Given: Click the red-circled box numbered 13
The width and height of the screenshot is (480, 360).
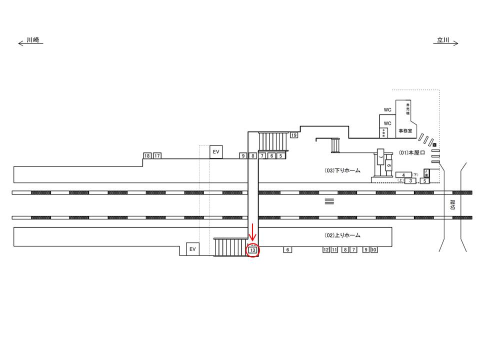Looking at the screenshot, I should coord(252,249).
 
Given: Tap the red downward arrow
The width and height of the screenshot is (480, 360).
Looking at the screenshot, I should coord(253,232).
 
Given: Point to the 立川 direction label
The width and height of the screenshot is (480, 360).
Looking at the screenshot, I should coord(443,42).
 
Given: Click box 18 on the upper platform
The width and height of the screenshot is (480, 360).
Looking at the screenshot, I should coord(147,156).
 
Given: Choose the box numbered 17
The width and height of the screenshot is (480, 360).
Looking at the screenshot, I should coord(157,156).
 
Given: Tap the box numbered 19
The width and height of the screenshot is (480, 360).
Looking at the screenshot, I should coord(294,135).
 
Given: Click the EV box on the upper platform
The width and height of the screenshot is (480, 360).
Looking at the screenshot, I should coord(216,151).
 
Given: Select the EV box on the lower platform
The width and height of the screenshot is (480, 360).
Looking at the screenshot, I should coord(192,249).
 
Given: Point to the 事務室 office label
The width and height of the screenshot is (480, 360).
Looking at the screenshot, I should coord(405,131).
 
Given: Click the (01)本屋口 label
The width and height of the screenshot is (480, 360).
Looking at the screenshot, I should coord(412,152).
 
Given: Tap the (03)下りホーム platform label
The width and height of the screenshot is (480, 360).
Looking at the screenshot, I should coord(342,170).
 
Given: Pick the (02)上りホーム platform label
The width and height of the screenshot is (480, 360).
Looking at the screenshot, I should coord(342,235).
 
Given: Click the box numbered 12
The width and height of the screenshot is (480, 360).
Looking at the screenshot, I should coord(326,249).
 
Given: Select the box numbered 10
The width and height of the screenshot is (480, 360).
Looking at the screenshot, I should coord(374,249).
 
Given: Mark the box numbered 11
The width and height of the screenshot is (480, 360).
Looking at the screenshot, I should coord(334,249).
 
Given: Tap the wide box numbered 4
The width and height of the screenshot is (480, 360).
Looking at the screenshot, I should coord(403,174).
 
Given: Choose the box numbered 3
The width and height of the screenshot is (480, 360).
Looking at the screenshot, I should coord(410,180).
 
